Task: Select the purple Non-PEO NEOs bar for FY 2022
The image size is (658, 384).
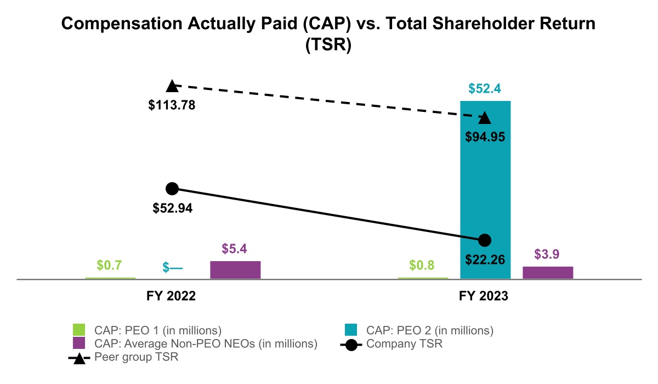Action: click(x=235, y=270)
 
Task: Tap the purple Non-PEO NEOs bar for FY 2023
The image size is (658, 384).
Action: click(x=548, y=273)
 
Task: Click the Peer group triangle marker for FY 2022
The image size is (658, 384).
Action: click(x=172, y=86)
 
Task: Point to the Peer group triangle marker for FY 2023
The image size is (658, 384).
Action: click(x=485, y=118)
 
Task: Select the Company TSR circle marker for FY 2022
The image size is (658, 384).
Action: click(x=172, y=189)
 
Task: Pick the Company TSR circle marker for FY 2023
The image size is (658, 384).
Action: click(x=485, y=240)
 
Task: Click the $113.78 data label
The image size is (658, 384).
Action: click(x=172, y=105)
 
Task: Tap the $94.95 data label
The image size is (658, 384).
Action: click(x=485, y=137)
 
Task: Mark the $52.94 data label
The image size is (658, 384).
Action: click(x=172, y=208)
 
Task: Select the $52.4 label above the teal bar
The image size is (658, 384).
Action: click(x=485, y=89)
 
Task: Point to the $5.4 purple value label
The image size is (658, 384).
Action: click(x=235, y=249)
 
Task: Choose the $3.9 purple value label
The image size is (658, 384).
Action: click(x=548, y=255)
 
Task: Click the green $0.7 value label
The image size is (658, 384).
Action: click(x=109, y=266)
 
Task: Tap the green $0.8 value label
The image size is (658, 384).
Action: click(x=422, y=266)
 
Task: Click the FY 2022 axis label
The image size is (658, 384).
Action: click(x=172, y=296)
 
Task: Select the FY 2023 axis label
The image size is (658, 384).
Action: click(x=485, y=296)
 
